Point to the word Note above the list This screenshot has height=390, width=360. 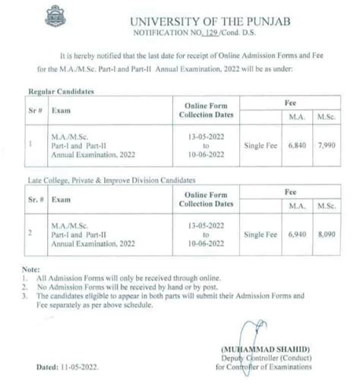tap(31, 271)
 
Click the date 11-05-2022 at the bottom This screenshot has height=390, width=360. tap(77, 366)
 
